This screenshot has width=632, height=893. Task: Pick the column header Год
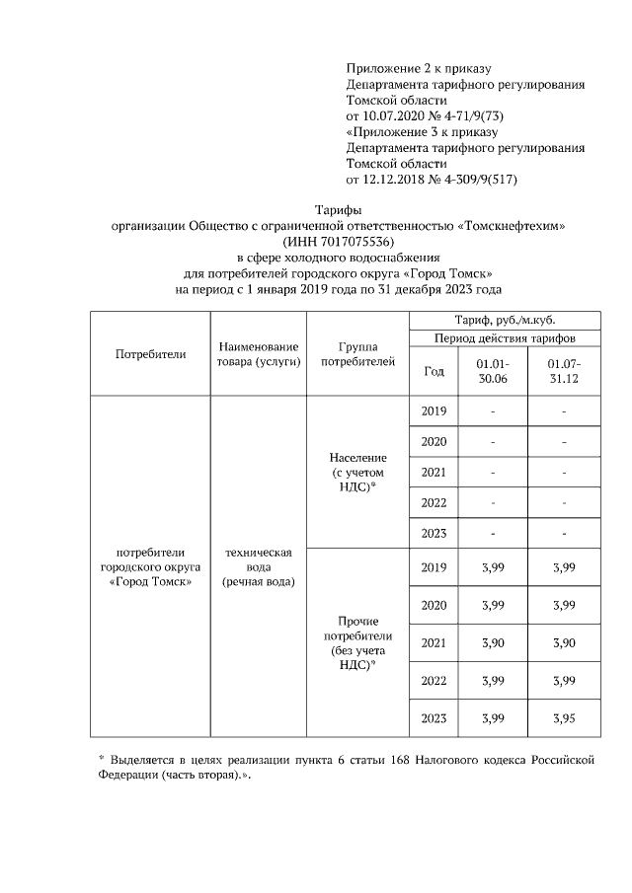coord(434,371)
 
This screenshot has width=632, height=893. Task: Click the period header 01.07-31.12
coord(563,371)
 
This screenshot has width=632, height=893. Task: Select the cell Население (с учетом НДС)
coord(358,472)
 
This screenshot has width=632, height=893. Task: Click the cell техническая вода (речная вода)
coord(259,567)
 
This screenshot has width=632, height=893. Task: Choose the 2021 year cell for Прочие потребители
coord(434,642)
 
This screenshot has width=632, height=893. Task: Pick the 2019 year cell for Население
coord(434,411)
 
